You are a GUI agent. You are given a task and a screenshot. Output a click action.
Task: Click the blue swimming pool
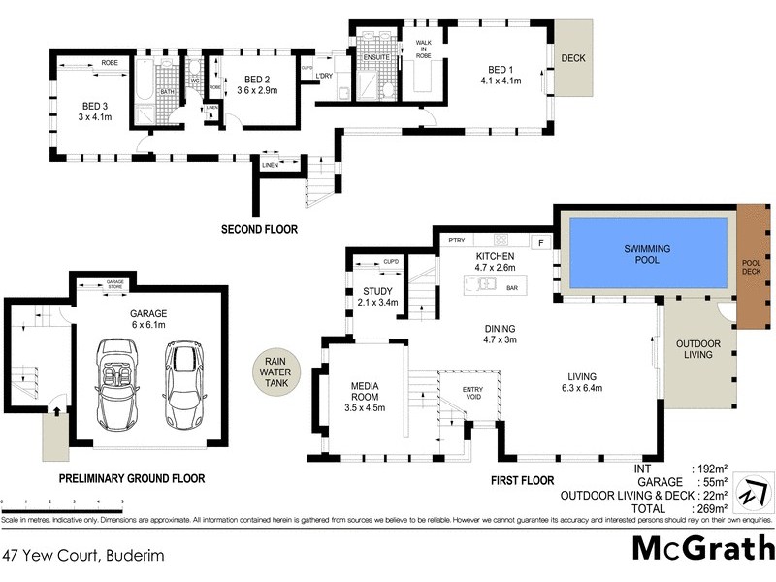pyautogui.click(x=647, y=254)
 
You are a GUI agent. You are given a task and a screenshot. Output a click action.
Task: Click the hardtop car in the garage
pyautogui.click(x=183, y=386)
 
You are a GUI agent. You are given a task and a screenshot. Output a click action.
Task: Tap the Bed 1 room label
pyautogui.click(x=501, y=76)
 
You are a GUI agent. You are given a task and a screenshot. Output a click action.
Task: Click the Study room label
pyautogui.click(x=377, y=296)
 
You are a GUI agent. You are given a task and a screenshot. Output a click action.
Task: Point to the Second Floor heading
pyautogui.click(x=259, y=230)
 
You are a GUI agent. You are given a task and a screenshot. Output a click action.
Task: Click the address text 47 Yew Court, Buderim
pyautogui.click(x=84, y=555)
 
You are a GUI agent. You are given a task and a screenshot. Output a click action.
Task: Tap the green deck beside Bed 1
pyautogui.click(x=573, y=57)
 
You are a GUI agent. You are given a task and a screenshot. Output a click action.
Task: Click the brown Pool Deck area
pyautogui.click(x=752, y=266)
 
